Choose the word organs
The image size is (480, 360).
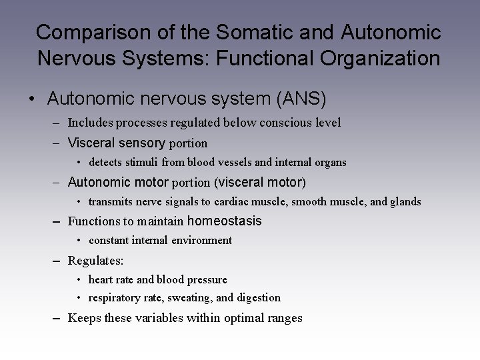[x=329, y=162]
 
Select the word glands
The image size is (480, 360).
[x=405, y=201]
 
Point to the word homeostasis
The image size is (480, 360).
[x=225, y=221]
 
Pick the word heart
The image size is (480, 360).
[x=101, y=279]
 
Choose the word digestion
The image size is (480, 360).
[x=257, y=298]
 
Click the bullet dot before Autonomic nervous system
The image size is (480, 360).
[x=31, y=99]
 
